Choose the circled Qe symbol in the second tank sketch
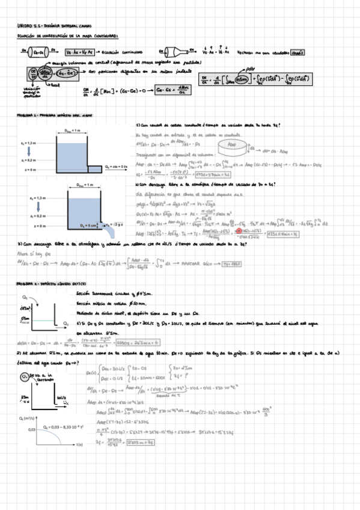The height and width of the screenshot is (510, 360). pyautogui.click(x=25, y=376)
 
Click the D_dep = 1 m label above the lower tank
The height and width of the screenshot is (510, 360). pyautogui.click(x=71, y=186)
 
